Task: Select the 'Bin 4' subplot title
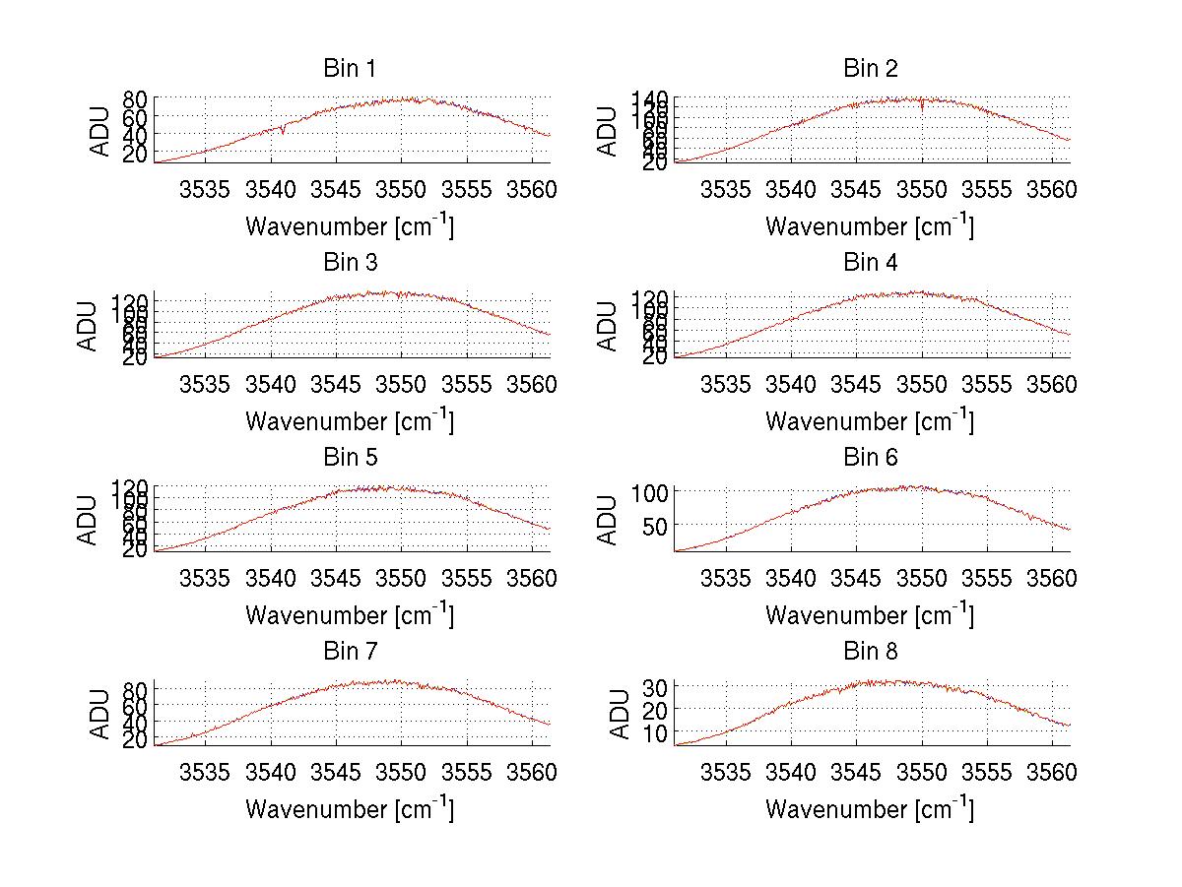[x=871, y=263]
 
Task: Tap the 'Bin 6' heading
[x=871, y=457]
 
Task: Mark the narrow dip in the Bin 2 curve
[x=922, y=107]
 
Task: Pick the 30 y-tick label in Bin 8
[x=657, y=685]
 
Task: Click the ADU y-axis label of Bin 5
[x=89, y=520]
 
